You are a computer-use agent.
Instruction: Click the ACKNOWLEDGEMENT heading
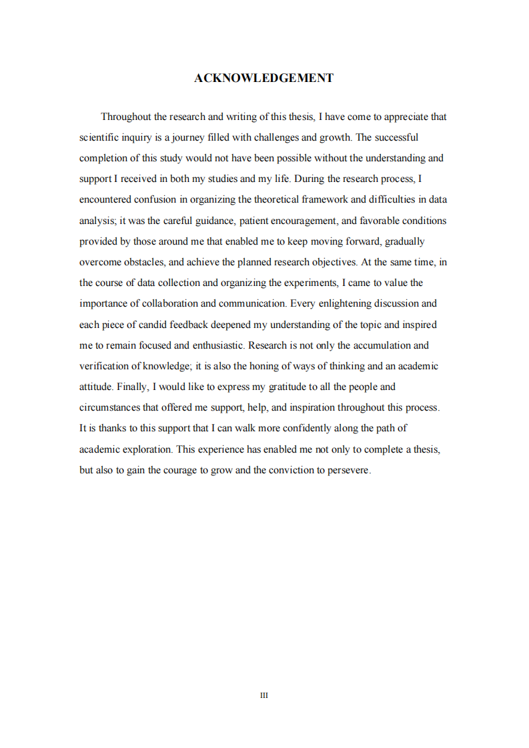(x=263, y=78)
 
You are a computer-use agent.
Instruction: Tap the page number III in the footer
(x=263, y=695)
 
